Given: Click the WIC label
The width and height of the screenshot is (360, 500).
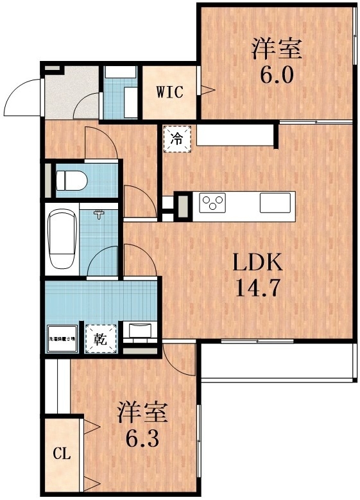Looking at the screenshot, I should click(x=170, y=92).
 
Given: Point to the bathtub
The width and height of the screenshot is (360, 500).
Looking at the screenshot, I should click(x=62, y=240).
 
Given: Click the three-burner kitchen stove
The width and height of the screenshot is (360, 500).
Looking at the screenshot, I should click(x=214, y=204).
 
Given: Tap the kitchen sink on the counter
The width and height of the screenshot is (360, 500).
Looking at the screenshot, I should click(x=275, y=204).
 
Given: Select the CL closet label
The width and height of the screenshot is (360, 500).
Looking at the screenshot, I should click(x=61, y=455).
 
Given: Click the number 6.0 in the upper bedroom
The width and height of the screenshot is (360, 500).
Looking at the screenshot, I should click(x=277, y=75).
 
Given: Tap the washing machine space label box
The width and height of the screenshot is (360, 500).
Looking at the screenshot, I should click(x=62, y=338).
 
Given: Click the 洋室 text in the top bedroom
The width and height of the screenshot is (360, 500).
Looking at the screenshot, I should click(x=277, y=49).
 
